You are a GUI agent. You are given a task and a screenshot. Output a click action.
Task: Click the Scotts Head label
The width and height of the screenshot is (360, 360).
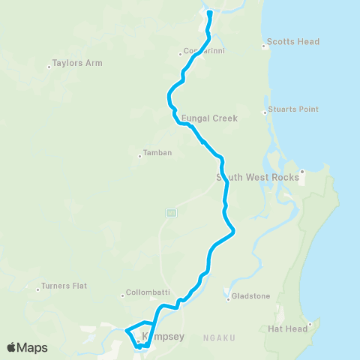(283, 42)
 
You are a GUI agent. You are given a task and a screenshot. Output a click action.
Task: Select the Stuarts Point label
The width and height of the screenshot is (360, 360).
(293, 109)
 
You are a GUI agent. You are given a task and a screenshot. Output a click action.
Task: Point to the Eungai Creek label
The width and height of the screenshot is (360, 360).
(209, 118)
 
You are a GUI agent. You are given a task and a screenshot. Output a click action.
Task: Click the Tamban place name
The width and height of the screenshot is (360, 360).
(157, 153)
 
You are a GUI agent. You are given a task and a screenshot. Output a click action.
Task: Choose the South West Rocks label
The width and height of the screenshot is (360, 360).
(256, 177)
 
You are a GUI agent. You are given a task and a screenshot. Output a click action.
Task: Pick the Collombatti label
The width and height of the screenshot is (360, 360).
(147, 294)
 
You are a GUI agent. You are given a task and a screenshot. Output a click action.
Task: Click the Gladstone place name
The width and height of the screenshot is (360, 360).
(250, 296)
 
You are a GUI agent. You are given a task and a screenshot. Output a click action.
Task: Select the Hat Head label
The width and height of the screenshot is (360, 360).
(286, 328)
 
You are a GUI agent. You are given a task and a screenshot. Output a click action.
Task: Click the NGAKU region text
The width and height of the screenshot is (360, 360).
(219, 338)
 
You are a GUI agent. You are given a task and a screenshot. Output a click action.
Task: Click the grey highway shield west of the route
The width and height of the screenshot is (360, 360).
(171, 213)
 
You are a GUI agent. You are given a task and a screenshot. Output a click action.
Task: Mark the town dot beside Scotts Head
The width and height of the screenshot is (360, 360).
(264, 46)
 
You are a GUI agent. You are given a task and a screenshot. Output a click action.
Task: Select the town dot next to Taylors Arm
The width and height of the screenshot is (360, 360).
(49, 67)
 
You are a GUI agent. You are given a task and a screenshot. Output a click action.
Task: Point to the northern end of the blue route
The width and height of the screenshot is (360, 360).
(210, 13)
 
